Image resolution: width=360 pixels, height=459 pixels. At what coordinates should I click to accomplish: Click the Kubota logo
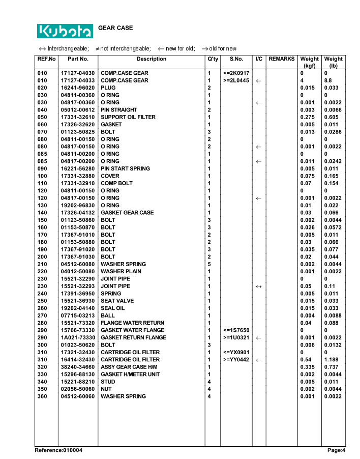(x=65, y=31)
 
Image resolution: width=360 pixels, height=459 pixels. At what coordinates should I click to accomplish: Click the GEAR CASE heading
(x=115, y=28)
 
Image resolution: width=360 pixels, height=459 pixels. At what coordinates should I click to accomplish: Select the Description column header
(x=151, y=59)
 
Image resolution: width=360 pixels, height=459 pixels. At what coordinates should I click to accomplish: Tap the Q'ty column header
(x=212, y=59)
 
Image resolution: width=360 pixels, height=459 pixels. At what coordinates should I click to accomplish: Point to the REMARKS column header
(x=281, y=59)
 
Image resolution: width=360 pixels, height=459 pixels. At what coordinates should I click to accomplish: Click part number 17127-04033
(x=78, y=80)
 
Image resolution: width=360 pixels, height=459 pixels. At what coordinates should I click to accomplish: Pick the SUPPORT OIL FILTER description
(x=128, y=117)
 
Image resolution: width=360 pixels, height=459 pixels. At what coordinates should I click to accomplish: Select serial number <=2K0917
(x=236, y=73)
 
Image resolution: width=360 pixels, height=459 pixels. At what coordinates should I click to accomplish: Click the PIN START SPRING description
(x=125, y=168)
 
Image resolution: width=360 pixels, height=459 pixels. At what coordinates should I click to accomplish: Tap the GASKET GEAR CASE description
(x=127, y=213)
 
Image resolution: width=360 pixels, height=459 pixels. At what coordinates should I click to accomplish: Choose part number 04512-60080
(x=78, y=264)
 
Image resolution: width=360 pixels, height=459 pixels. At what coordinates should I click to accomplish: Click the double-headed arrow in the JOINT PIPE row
(x=259, y=286)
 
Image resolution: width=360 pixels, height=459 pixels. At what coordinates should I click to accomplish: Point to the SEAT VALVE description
(x=117, y=301)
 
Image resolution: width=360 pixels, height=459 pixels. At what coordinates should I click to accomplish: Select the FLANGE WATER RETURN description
(x=132, y=323)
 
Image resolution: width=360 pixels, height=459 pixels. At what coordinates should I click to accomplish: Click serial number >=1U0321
(x=236, y=337)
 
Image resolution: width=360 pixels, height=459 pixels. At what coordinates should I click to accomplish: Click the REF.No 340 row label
(x=43, y=382)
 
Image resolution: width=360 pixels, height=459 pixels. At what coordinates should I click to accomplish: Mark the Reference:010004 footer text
(x=58, y=450)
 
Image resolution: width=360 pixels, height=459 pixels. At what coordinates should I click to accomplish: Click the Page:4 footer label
(x=336, y=450)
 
